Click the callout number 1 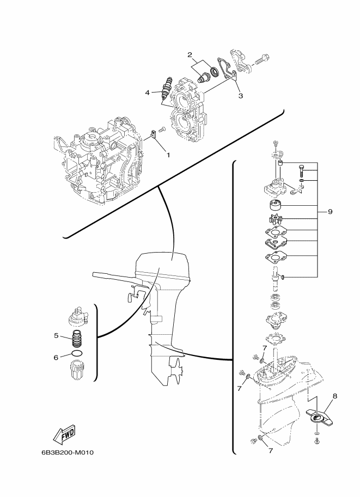pos(168,155)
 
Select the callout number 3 pos(240,96)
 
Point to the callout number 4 pos(147,93)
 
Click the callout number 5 pos(56,335)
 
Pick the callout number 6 pos(56,358)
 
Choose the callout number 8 pos(335,396)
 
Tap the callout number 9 pos(330,211)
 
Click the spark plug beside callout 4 pos(167,89)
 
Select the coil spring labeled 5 pos(75,339)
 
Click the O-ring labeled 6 pos(77,354)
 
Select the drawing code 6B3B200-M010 pos(67,452)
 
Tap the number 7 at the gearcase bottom pos(270,450)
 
